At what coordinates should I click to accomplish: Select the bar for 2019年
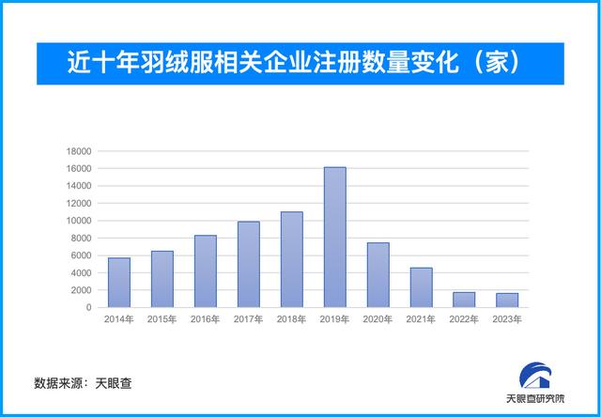point(335,238)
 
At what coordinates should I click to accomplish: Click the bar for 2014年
point(119,283)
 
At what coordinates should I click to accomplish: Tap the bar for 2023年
point(507,301)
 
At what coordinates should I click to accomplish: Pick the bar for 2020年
point(378,275)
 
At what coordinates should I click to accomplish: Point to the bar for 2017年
point(248,265)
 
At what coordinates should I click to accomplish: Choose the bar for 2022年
point(464,300)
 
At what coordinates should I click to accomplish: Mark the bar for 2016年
point(206,271)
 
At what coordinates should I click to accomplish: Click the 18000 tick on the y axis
point(78,151)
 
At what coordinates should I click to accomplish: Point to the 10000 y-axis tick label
point(78,221)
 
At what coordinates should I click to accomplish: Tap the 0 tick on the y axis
point(88,307)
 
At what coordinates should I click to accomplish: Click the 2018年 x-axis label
point(292,319)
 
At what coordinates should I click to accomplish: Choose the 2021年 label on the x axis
point(421,319)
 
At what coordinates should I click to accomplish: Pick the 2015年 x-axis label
point(162,319)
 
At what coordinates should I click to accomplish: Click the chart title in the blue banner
point(294,63)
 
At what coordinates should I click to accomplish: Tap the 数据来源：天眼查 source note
point(83,383)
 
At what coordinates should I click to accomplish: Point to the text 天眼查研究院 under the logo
point(535,398)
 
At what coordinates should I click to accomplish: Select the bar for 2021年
point(421,287)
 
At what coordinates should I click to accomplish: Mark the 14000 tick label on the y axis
point(78,186)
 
